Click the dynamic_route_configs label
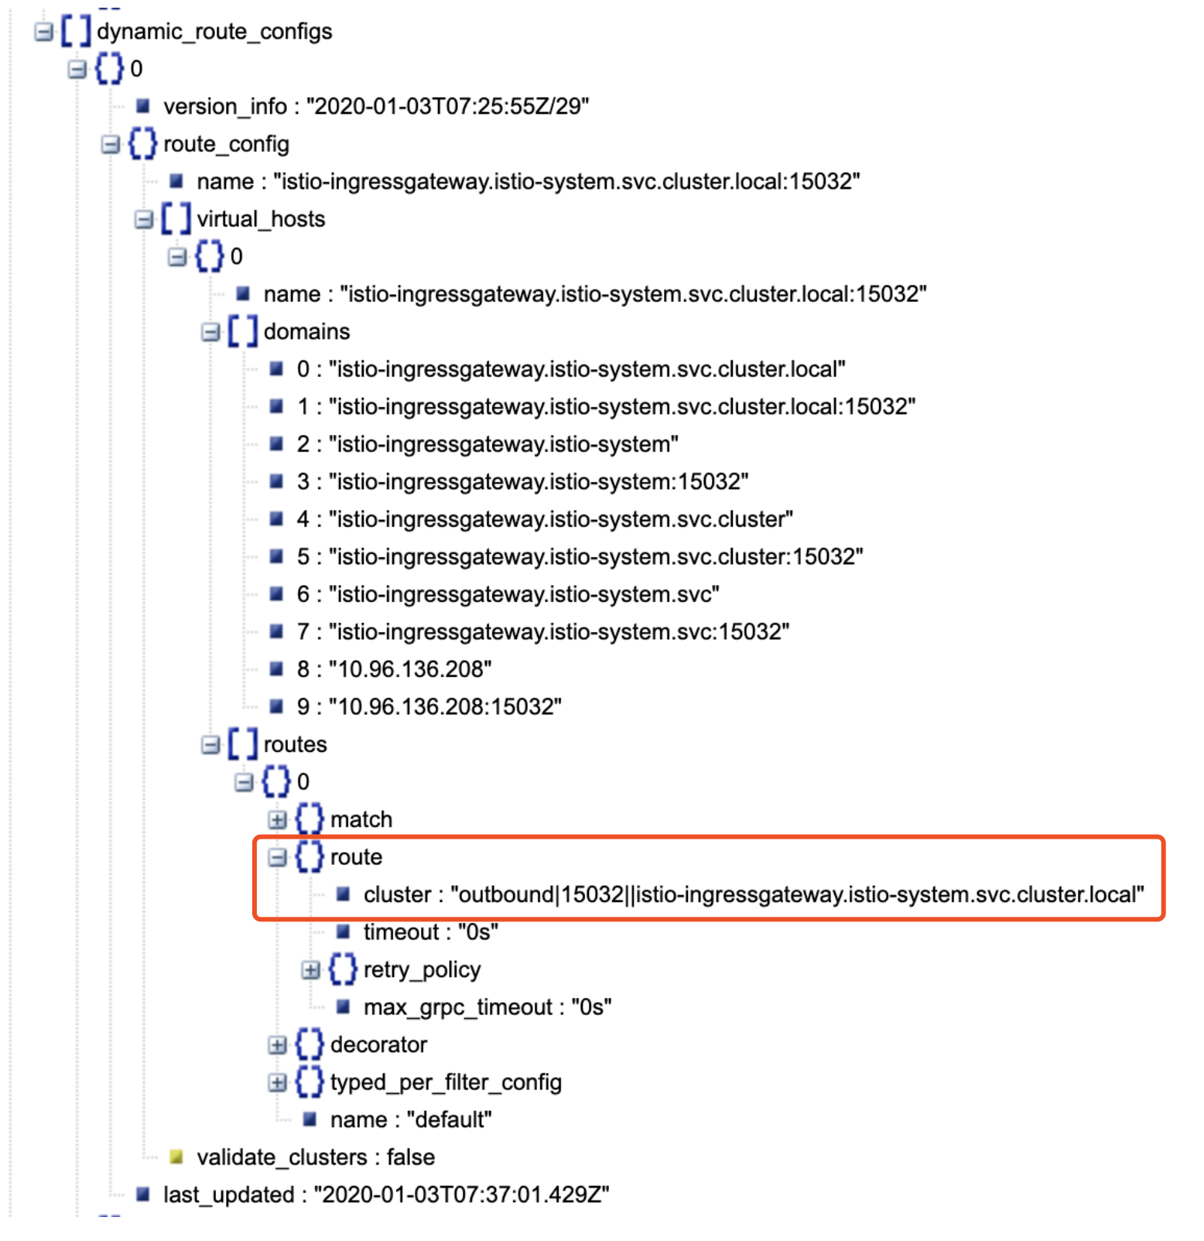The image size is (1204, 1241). [x=214, y=31]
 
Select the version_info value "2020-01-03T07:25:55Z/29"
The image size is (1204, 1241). [x=447, y=106]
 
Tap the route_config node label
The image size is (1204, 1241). [x=226, y=144]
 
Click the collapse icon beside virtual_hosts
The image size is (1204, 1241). [x=144, y=219]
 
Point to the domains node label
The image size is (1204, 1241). [x=306, y=331]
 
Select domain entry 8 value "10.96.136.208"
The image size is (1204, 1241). [x=410, y=668]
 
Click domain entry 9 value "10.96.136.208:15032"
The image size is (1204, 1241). [x=445, y=706]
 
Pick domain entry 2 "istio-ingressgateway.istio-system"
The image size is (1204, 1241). [x=503, y=444]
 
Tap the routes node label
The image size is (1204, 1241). [x=295, y=744]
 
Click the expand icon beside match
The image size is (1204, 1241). [x=277, y=819]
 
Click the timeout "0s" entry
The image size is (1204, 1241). [x=430, y=932]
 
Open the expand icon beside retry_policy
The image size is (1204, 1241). [x=310, y=969]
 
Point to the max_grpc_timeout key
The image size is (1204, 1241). [x=458, y=1007]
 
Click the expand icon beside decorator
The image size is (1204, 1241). [x=277, y=1044]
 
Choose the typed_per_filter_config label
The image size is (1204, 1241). [x=446, y=1082]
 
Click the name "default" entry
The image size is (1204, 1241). [x=410, y=1120]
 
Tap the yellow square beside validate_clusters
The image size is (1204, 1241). [x=176, y=1157]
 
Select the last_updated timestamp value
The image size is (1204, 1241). [x=461, y=1195]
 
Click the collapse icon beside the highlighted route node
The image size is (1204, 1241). [x=277, y=857]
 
